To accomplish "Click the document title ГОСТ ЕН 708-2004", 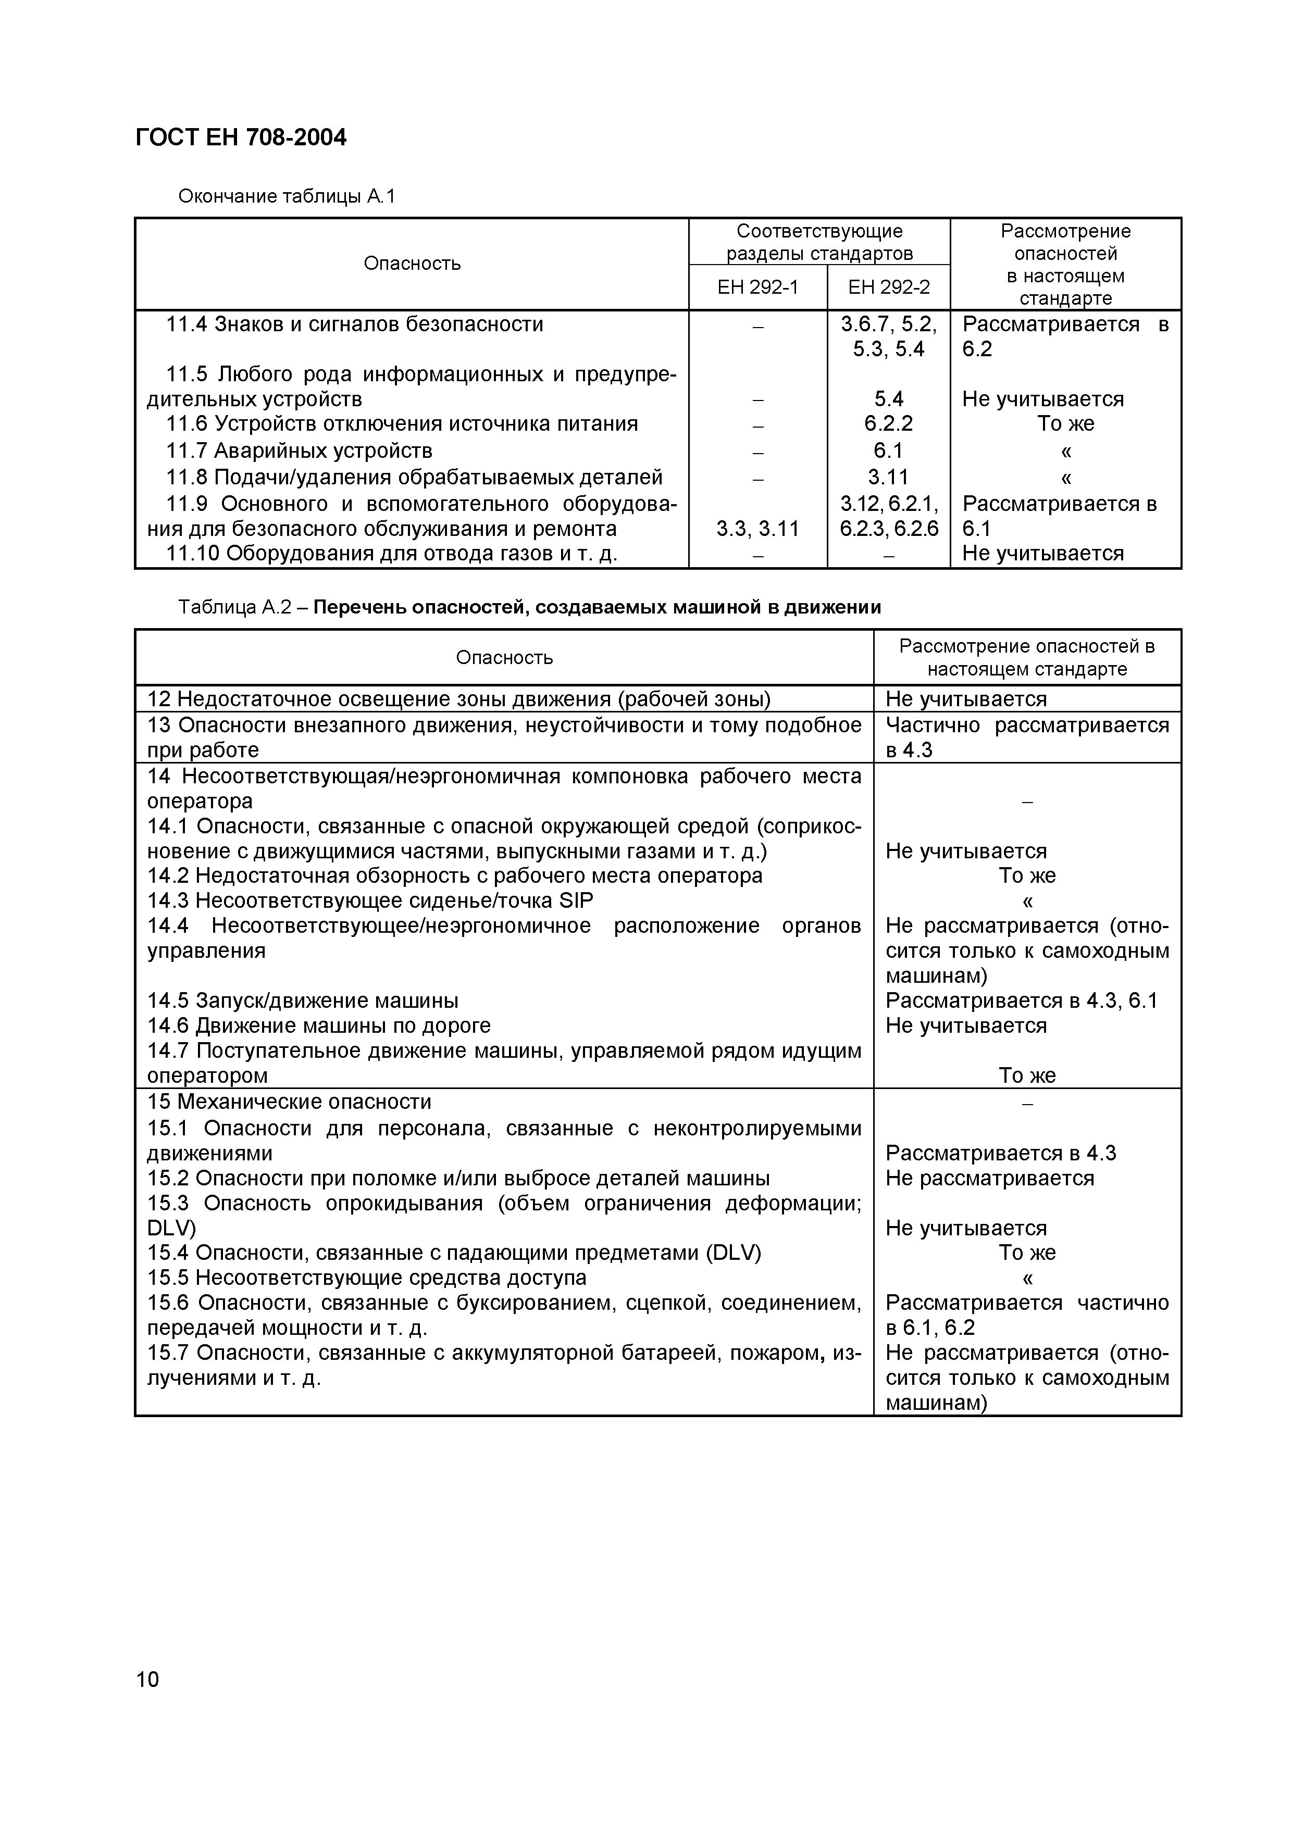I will point(241,137).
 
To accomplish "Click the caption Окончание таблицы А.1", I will point(287,196).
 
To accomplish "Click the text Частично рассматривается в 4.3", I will point(1027,737).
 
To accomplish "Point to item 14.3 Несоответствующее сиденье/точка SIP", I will point(370,900).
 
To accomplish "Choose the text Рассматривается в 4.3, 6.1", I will point(1021,1000).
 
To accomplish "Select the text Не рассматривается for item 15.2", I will point(989,1178).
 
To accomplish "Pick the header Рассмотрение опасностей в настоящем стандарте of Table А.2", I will point(1027,657).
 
